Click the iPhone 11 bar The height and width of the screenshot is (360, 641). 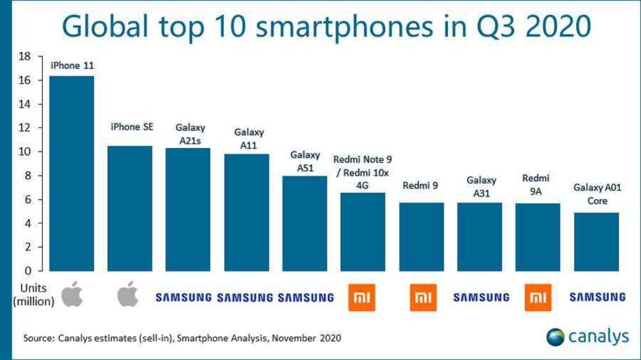(x=72, y=173)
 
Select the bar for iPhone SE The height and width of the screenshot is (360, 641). (x=130, y=208)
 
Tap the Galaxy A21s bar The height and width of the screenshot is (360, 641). (x=188, y=209)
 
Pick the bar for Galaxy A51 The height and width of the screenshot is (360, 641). (x=305, y=223)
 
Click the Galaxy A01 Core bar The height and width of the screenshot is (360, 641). (x=597, y=241)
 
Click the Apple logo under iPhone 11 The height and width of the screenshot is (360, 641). (x=72, y=296)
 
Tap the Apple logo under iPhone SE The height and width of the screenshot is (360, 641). (x=129, y=296)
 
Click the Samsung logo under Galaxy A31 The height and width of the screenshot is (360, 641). (x=481, y=297)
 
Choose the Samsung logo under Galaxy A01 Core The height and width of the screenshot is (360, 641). (x=597, y=297)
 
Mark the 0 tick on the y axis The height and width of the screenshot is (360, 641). (x=26, y=271)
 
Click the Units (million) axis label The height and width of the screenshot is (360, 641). (x=33, y=294)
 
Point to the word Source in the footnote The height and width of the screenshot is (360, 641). (x=37, y=337)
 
